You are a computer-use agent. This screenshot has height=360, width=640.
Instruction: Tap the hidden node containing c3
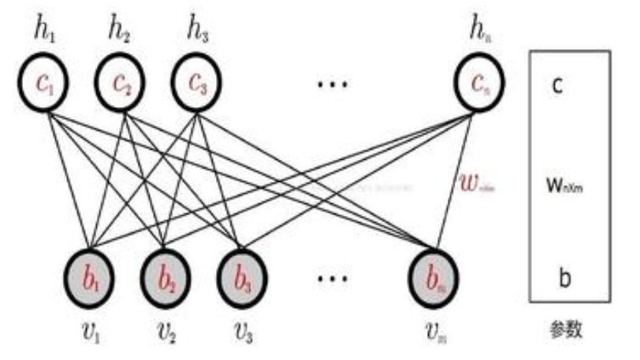pos(198,84)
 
